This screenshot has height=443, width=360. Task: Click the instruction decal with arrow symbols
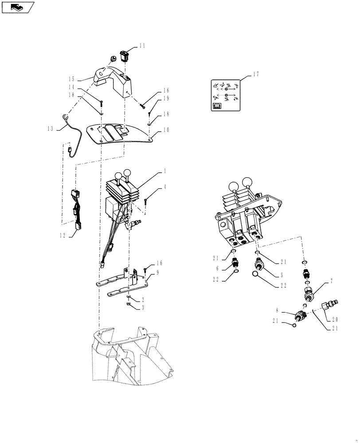(225, 95)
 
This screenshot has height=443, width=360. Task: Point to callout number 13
(51, 128)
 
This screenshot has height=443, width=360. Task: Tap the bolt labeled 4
(146, 202)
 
